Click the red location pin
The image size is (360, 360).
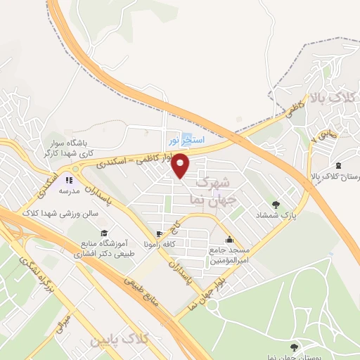click(x=181, y=166)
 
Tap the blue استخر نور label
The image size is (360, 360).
click(x=186, y=140)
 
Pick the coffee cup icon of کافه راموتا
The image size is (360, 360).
click(x=159, y=234)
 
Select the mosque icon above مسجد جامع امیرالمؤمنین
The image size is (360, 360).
click(x=229, y=239)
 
